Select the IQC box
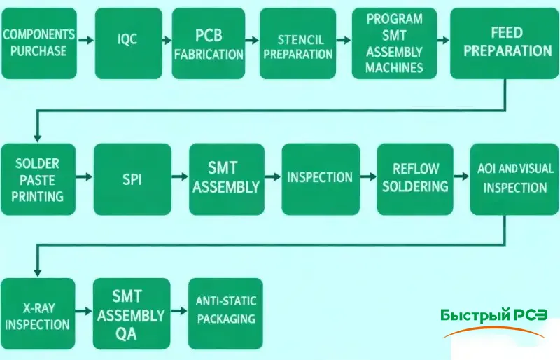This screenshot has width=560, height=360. point(127,40)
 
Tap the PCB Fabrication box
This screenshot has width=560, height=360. point(209,43)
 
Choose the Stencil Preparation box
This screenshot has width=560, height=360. point(297,43)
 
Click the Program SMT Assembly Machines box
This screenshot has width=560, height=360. point(394,43)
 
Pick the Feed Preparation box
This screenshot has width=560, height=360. point(507,42)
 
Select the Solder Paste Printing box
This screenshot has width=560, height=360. point(38,179)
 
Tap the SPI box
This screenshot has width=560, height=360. point(132,179)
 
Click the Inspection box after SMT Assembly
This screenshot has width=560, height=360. point(320,178)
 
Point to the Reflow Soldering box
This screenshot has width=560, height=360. point(416,179)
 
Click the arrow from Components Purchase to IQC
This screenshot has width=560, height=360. point(85,41)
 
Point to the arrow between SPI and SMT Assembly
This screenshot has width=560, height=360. point(180,178)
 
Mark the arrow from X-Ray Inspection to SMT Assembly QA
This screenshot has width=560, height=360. point(85,312)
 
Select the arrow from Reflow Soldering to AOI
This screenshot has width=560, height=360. point(462,178)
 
